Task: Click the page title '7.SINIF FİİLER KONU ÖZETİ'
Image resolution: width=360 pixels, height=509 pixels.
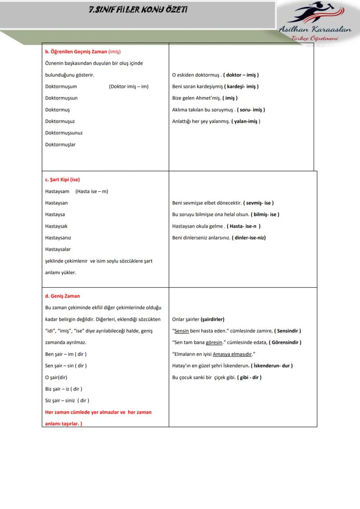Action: [x=138, y=10]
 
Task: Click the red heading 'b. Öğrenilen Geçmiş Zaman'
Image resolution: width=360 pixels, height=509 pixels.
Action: [x=77, y=52]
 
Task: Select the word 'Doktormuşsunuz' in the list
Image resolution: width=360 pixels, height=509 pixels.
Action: [x=64, y=133]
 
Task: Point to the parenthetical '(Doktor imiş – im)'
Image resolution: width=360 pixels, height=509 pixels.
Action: [x=129, y=86]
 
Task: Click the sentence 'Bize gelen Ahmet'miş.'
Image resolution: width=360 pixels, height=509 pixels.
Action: [x=197, y=98]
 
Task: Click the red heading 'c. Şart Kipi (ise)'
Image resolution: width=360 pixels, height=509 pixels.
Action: [x=63, y=180]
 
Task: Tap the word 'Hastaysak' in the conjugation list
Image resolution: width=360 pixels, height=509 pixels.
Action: [x=57, y=226]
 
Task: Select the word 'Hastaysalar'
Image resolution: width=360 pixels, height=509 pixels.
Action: [x=58, y=250]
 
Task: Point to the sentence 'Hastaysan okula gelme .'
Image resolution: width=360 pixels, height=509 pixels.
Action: [x=198, y=226]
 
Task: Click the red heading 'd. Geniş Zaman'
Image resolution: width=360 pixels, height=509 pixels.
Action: [x=63, y=296]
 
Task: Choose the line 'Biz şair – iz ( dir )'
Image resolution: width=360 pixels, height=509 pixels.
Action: [x=63, y=389]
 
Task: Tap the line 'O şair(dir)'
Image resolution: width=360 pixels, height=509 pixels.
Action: [x=56, y=377]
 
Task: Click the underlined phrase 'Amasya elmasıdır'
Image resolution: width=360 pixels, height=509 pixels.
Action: [x=233, y=354]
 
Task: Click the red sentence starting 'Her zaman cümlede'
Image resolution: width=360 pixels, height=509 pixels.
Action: [x=99, y=412]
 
